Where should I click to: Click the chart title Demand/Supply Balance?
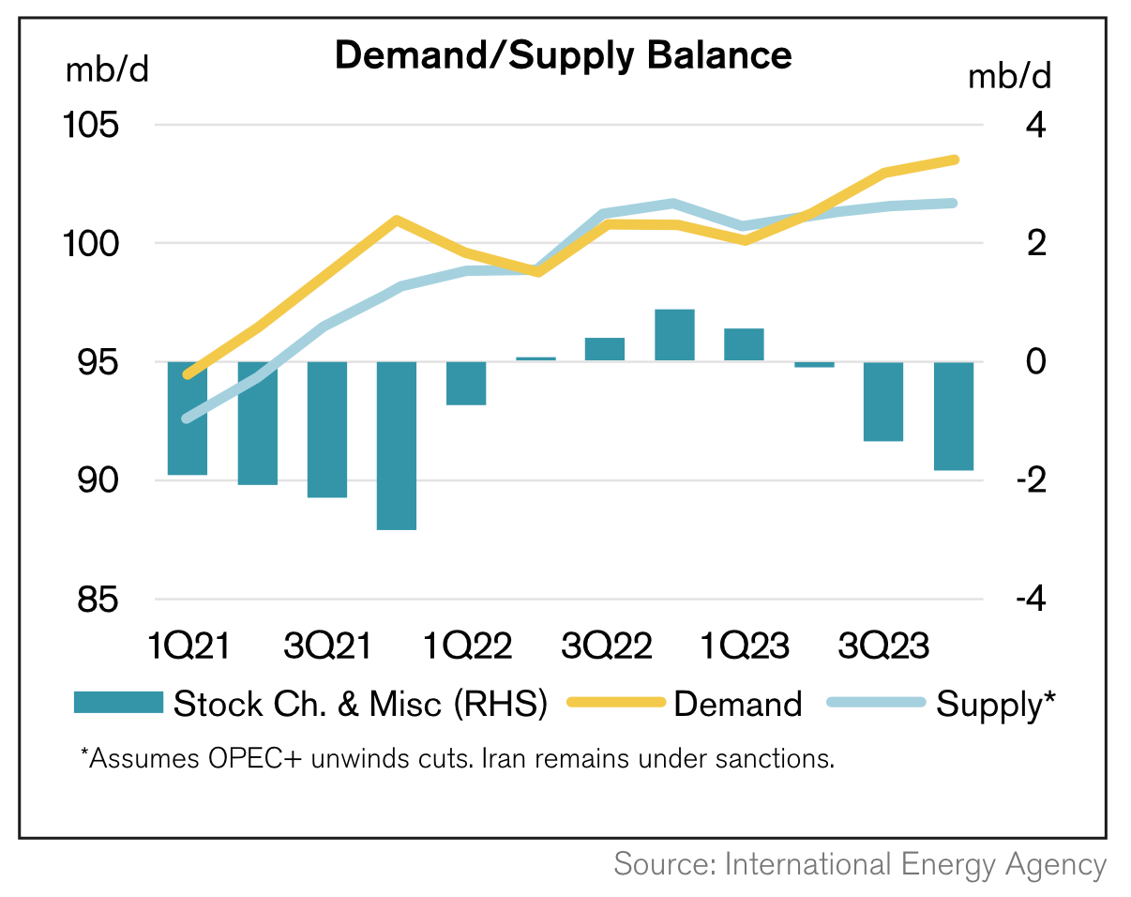click(x=563, y=55)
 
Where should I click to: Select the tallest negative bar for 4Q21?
click(x=397, y=446)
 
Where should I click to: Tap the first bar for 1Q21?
click(x=188, y=418)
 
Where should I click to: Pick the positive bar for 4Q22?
click(x=674, y=335)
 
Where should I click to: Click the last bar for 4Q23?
click(x=954, y=416)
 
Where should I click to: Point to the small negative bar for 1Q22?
click(x=466, y=383)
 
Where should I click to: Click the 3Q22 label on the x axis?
click(x=606, y=647)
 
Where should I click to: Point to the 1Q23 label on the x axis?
click(x=745, y=647)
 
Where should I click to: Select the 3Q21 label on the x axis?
click(x=327, y=647)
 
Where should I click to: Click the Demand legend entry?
click(x=737, y=704)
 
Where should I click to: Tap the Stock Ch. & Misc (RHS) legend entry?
click(x=360, y=704)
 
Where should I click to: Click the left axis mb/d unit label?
click(x=107, y=70)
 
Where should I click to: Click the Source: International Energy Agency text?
click(x=860, y=864)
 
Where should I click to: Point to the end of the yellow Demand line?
click(x=955, y=160)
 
